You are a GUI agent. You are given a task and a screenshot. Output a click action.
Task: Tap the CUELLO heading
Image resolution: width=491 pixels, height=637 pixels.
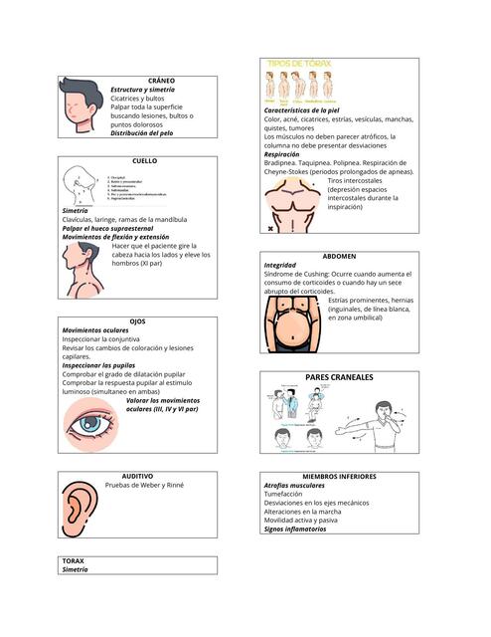coord(144,160)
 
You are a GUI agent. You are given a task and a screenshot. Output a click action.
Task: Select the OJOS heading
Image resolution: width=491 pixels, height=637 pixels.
coord(137,321)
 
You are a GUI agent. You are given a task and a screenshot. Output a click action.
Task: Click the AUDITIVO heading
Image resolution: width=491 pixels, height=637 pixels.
coord(137,477)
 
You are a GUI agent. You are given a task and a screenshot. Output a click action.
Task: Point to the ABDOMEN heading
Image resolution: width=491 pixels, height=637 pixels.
coord(340,256)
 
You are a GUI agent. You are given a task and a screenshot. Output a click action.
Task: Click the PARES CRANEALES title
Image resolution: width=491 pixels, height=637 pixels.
coord(339,378)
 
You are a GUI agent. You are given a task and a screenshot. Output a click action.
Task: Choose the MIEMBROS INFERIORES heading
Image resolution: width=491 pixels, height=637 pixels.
coord(339,477)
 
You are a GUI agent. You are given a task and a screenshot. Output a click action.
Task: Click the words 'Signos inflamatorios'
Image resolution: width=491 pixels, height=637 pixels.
coord(295,530)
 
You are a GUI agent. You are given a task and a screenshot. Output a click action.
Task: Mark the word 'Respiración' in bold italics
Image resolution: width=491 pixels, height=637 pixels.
coord(288,154)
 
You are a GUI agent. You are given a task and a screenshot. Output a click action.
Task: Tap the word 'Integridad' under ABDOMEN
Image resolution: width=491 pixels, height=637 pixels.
coord(280,266)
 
